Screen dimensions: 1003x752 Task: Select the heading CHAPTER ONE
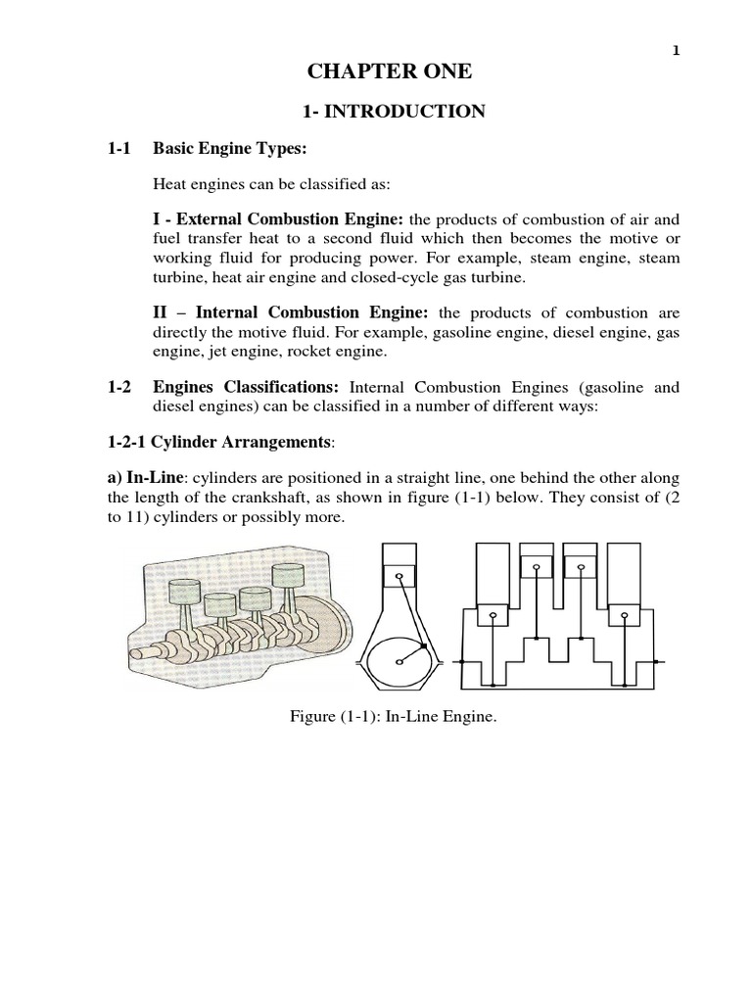coord(390,72)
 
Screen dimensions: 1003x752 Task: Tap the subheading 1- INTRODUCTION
coord(390,111)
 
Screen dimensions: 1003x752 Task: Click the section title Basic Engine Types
coord(230,148)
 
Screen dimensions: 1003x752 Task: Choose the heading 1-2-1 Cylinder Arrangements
coord(220,444)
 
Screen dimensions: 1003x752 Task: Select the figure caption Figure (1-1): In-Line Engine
coord(389,718)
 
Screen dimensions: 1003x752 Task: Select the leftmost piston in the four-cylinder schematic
coord(493,617)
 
